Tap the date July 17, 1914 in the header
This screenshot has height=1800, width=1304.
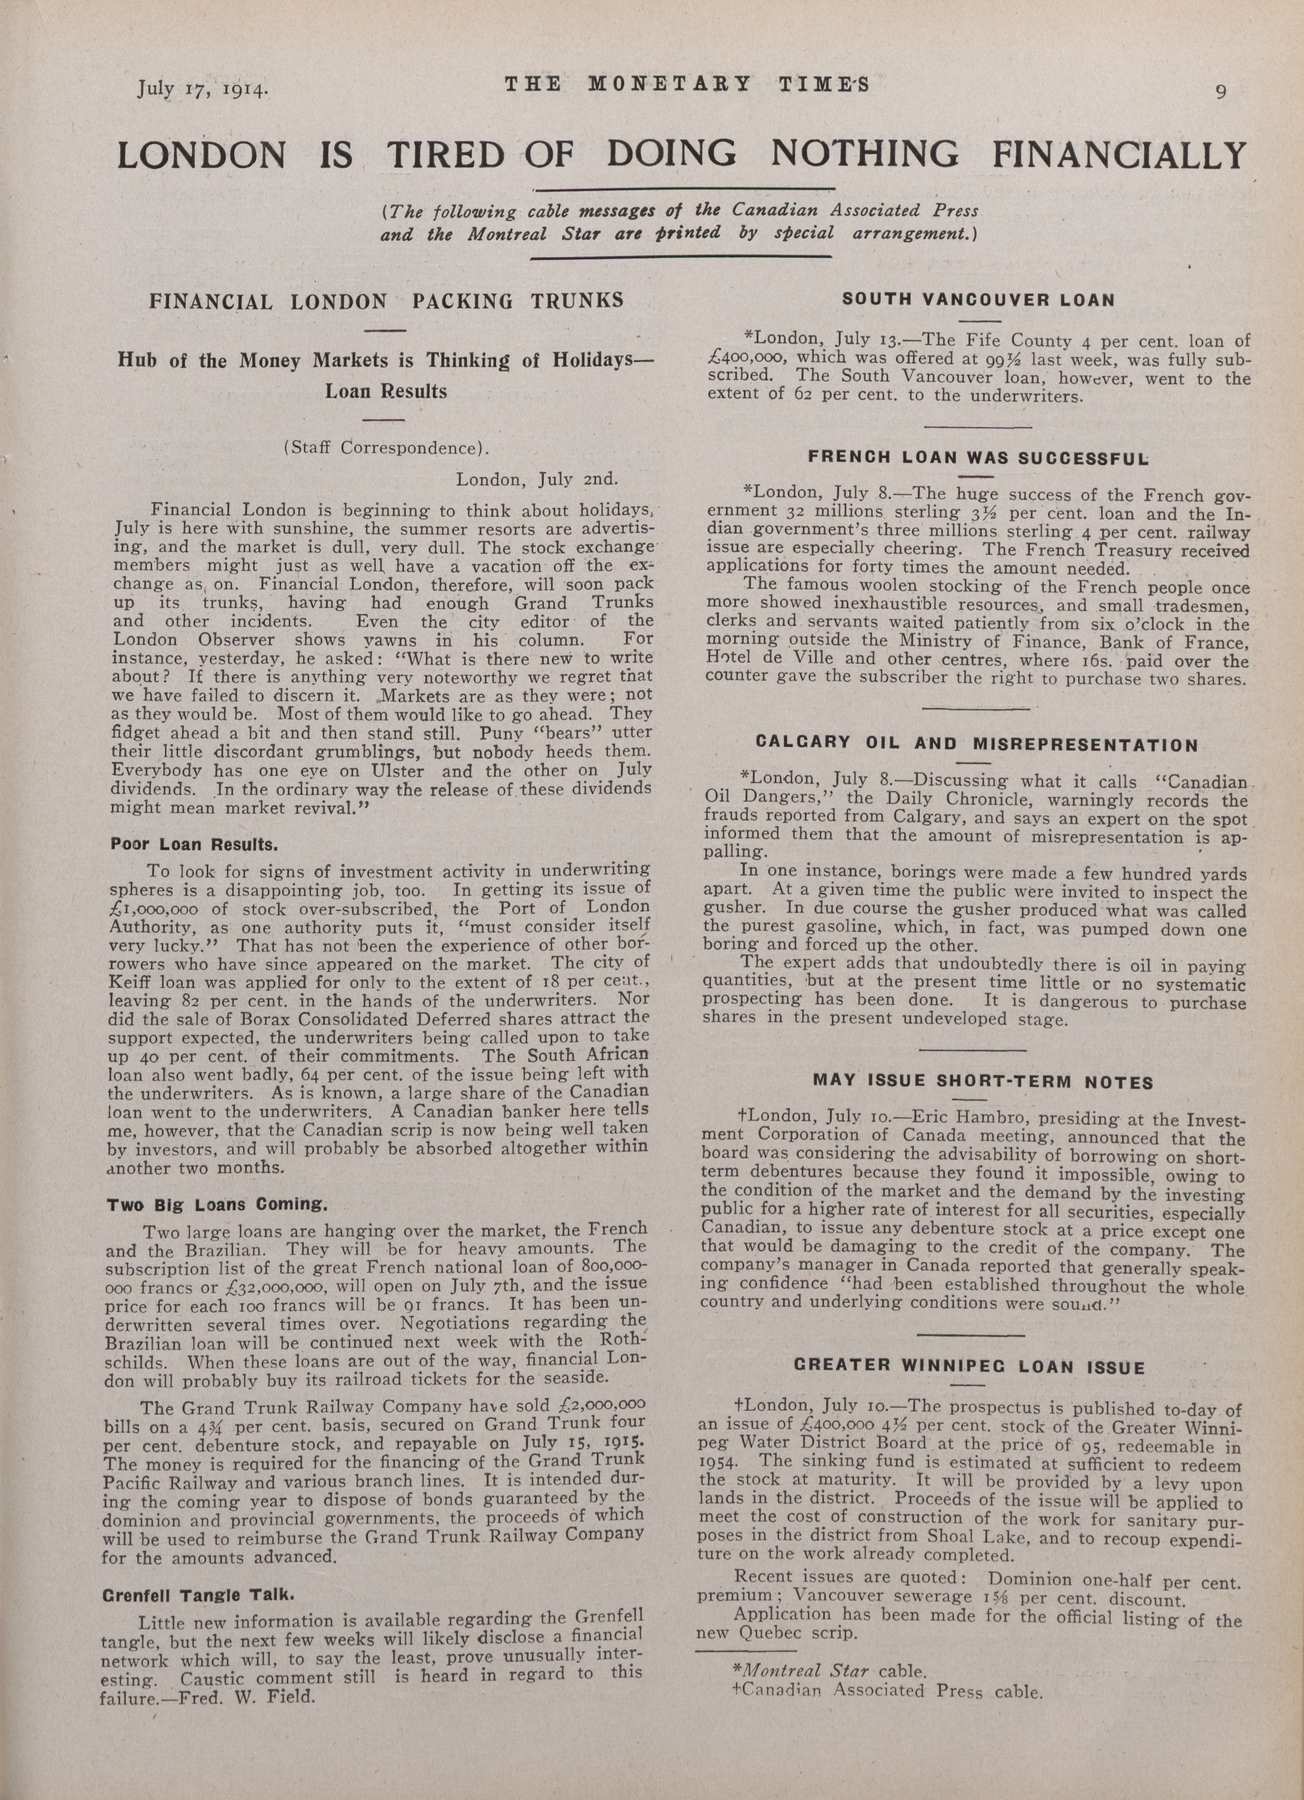click(202, 88)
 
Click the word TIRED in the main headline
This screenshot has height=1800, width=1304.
click(445, 155)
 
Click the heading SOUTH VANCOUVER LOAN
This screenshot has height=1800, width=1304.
click(978, 300)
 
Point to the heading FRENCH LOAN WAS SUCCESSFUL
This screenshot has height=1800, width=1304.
click(978, 457)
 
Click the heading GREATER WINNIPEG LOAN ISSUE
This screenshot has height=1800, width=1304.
click(970, 1367)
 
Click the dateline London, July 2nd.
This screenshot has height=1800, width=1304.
click(536, 479)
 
